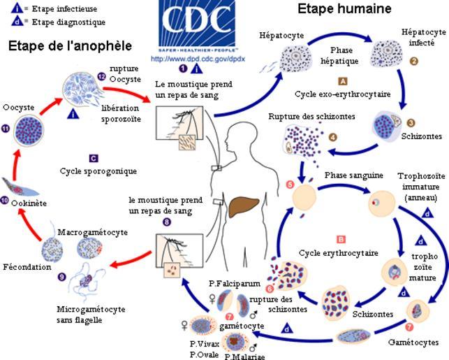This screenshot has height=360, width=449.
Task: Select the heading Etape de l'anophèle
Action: [69, 46]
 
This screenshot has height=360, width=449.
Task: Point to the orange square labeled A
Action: [342, 81]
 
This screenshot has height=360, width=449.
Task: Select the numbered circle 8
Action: [166, 222]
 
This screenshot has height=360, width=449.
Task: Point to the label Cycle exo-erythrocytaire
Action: [342, 94]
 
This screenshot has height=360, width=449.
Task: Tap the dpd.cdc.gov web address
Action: [189, 59]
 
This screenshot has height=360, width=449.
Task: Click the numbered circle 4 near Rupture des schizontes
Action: [332, 137]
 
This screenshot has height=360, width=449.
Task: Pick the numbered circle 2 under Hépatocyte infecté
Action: [413, 62]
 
